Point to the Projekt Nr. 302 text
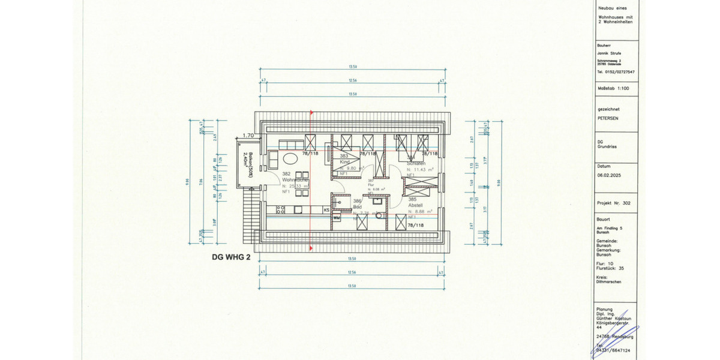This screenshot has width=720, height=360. [614, 203]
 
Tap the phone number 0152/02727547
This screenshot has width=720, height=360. [615, 71]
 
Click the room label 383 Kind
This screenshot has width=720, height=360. [344, 159]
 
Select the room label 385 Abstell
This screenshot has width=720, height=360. [417, 202]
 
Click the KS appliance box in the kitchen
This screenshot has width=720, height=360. [326, 210]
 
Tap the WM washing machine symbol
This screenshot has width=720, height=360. [337, 218]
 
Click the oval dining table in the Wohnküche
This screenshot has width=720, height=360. [291, 160]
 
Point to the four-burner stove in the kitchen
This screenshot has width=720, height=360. [280, 210]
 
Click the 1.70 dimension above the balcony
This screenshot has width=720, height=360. [249, 136]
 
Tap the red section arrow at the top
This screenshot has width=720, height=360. [310, 112]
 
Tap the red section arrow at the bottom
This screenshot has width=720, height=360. [310, 247]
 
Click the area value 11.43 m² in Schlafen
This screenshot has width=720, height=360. [419, 170]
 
